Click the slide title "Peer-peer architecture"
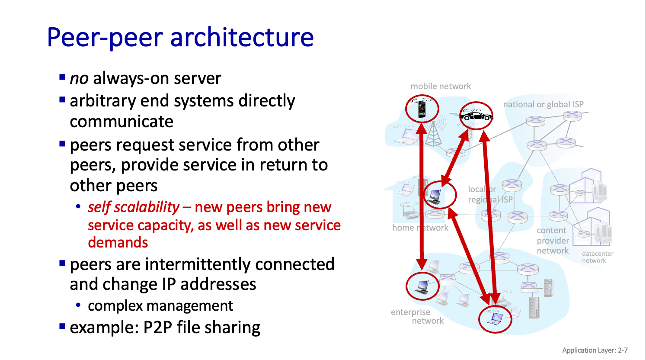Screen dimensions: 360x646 click(x=180, y=37)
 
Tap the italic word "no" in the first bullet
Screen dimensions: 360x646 click(x=79, y=79)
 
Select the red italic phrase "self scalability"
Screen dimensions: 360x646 click(x=133, y=207)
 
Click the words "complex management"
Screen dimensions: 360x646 click(x=160, y=306)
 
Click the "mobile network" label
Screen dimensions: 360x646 click(x=441, y=87)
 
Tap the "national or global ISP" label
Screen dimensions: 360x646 click(x=543, y=104)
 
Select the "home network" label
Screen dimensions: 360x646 click(x=420, y=228)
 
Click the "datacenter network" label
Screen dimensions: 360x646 click(x=597, y=257)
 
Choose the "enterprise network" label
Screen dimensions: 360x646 click(x=411, y=316)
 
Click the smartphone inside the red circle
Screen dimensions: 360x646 click(x=422, y=109)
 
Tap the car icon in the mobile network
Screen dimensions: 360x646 click(x=476, y=116)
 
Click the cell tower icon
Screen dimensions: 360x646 click(x=434, y=132)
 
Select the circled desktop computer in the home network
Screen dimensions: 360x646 click(x=435, y=196)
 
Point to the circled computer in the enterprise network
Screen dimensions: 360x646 click(x=422, y=286)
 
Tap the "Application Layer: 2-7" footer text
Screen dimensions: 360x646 click(x=595, y=350)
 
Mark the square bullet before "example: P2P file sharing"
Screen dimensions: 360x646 click(x=62, y=326)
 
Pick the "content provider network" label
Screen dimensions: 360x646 click(x=553, y=241)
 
